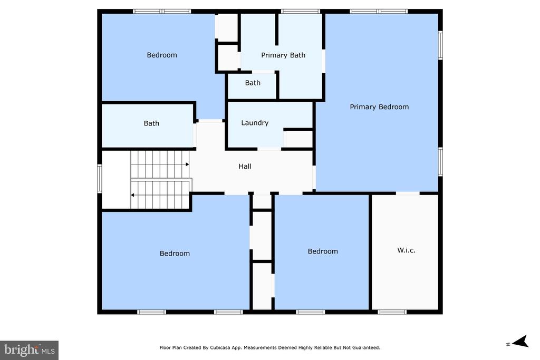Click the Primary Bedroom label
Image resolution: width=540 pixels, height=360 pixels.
379,107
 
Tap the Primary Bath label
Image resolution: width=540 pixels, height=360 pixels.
283,55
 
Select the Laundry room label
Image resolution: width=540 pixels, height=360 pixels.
255,123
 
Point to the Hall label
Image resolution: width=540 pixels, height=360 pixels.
245,166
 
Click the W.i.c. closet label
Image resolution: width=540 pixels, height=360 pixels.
407,250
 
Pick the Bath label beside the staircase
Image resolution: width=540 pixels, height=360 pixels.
151,123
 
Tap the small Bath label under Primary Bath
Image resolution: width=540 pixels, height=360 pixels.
253,83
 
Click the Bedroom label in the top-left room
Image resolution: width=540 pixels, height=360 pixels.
162,55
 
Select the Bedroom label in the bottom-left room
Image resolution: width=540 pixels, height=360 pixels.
175,254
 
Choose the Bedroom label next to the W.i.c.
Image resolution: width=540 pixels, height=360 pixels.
323,251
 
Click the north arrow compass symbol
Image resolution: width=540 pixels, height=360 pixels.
520,342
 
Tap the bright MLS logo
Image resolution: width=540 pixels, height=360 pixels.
30,351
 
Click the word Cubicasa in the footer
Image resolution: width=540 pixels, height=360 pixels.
221,347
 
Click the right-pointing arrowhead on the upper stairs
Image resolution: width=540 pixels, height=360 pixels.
188,164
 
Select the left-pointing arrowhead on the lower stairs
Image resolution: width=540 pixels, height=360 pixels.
132,195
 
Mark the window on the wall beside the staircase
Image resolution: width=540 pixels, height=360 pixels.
100,178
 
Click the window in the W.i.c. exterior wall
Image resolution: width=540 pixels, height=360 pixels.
392,312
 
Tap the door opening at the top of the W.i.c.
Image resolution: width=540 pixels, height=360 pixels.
408,193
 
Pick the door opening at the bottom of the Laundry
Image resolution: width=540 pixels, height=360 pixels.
269,149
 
